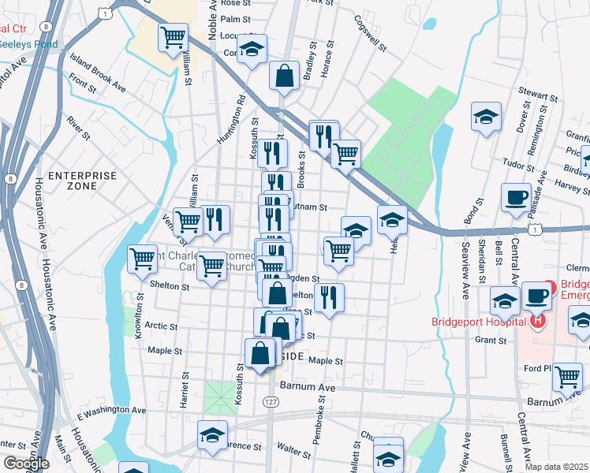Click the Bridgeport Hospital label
479,322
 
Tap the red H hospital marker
538,321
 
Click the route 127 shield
271,401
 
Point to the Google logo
26,464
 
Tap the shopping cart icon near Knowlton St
142,258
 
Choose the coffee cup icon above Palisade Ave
517,196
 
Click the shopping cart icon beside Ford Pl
567,376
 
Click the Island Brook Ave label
98,72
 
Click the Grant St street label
490,341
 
